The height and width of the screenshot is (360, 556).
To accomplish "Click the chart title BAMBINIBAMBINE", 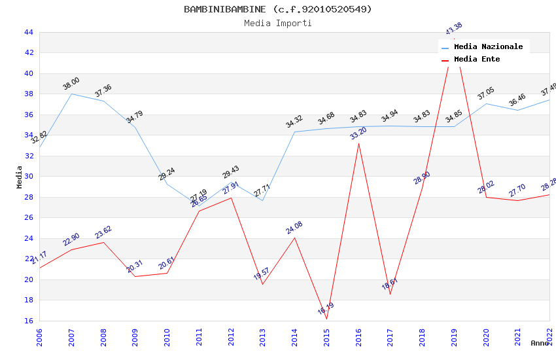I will (277, 9).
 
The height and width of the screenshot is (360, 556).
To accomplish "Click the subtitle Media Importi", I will (277, 23).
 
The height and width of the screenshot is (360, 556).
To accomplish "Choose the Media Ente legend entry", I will (476, 59).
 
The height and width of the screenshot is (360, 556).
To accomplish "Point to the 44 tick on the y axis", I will (28, 32).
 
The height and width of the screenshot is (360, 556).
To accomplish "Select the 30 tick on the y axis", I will (28, 177).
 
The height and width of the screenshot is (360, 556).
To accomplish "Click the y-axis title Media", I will (20, 177).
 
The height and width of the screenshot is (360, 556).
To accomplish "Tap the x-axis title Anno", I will (540, 343).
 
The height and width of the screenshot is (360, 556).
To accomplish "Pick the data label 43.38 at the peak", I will (453, 29).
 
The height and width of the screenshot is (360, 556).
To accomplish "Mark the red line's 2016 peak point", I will (358, 143).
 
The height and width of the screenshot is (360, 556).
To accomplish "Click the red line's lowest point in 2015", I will (326, 319).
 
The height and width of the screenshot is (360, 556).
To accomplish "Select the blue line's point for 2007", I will (71, 94).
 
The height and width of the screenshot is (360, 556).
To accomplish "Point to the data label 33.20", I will (358, 134).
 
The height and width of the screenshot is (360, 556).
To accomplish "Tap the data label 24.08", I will (294, 228).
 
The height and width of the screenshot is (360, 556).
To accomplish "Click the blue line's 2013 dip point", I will (262, 200).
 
